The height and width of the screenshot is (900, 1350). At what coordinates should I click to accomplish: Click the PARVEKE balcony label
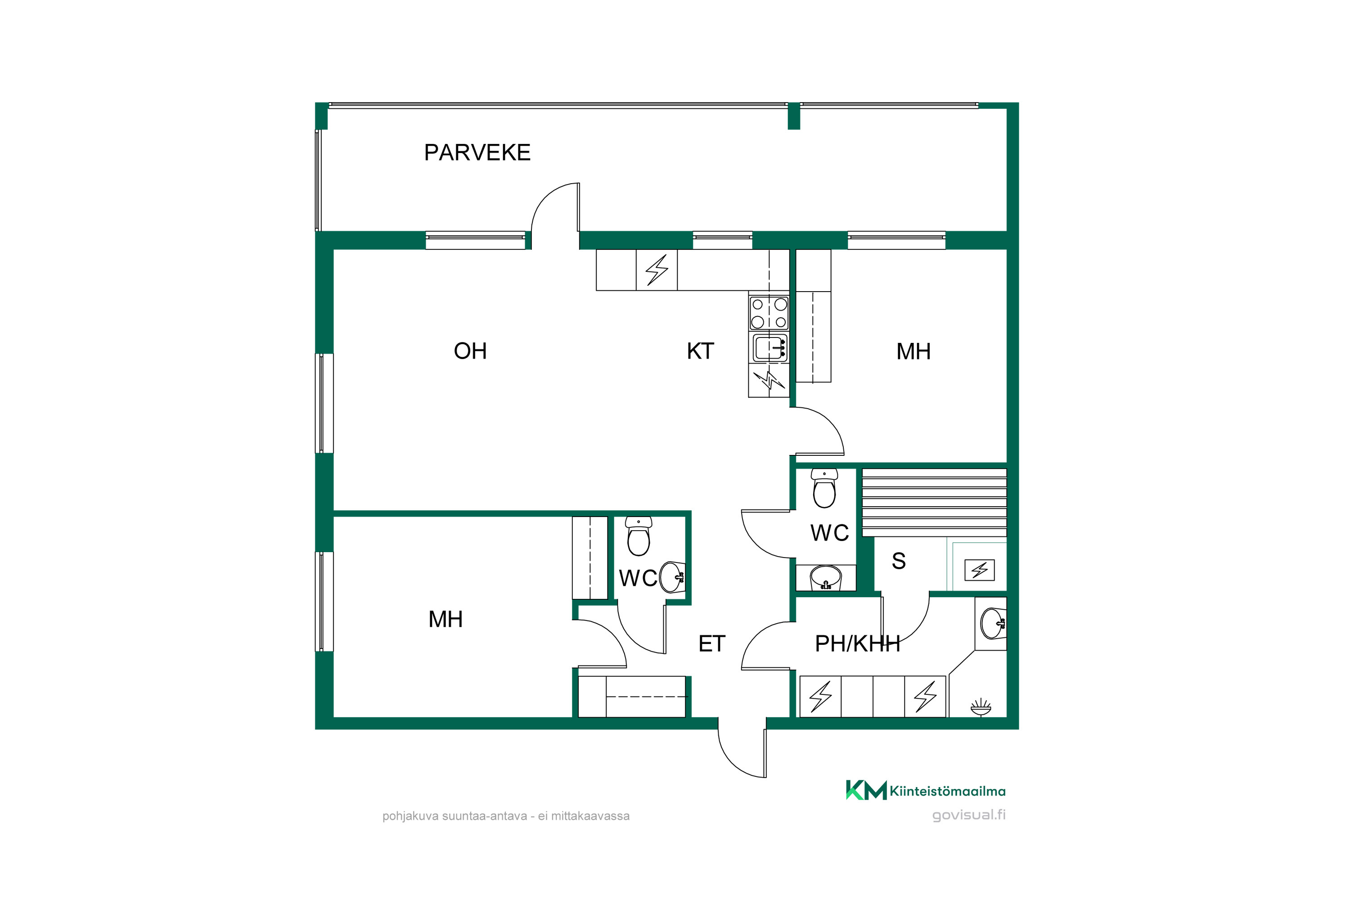point(477,153)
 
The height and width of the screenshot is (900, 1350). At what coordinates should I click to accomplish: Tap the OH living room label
point(470,351)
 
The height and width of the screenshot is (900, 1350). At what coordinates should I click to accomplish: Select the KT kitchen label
point(700,351)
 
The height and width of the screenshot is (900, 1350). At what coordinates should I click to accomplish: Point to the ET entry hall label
point(712,643)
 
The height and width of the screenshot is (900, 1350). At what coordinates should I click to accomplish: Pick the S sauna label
point(898,561)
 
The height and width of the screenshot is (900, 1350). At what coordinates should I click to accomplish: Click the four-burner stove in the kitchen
point(769,313)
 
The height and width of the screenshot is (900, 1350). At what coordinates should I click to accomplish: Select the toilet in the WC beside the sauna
point(824,488)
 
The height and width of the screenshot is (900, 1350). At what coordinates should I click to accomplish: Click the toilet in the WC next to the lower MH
point(638,536)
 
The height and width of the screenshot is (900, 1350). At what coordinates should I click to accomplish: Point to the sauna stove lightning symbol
point(979,570)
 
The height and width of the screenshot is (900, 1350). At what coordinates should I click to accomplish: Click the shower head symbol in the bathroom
point(981,706)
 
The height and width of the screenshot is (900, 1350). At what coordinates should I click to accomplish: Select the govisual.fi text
point(969,815)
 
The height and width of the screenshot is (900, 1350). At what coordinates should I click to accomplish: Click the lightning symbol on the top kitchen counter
point(657,270)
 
